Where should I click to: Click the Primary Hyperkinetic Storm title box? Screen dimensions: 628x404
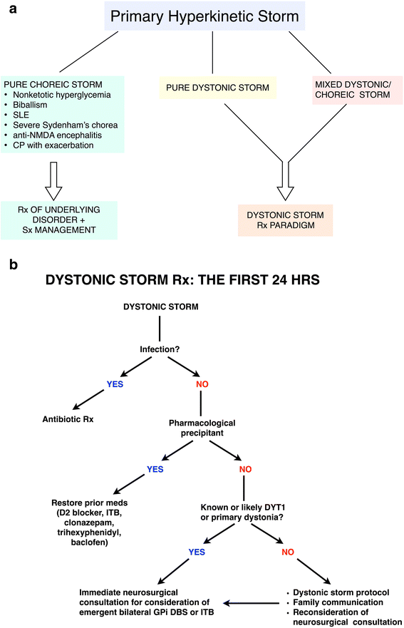coord(214,17)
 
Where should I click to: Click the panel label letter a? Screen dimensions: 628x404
coord(12,10)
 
